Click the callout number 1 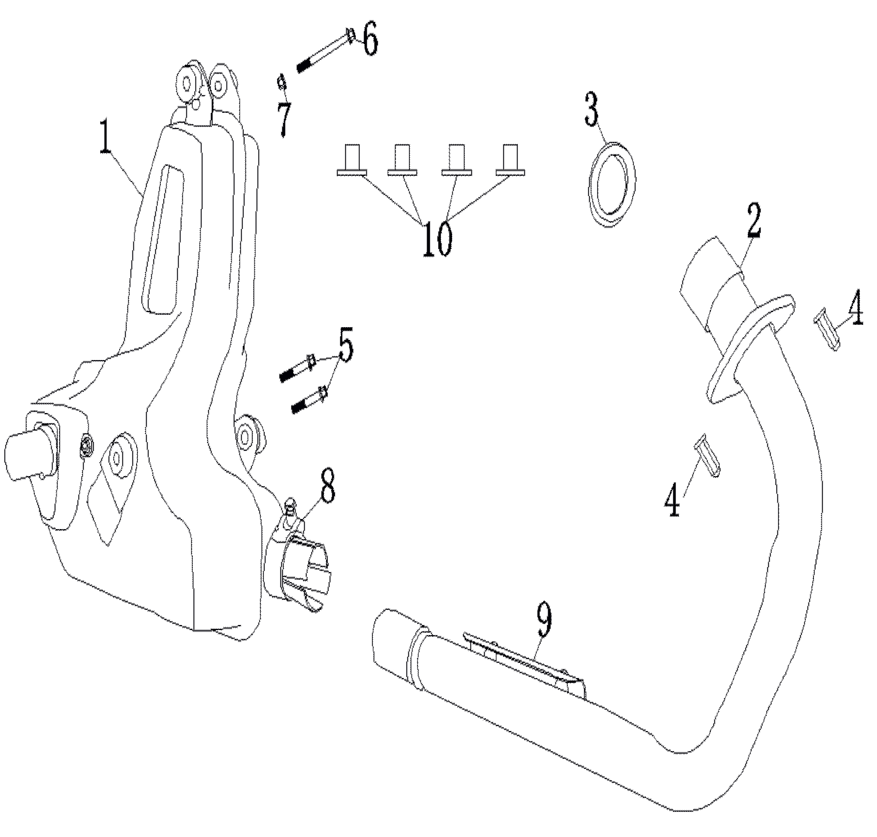[106, 136]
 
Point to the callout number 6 [370, 40]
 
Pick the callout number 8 [327, 489]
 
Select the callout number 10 [437, 238]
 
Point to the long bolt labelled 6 [325, 51]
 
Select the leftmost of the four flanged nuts [352, 160]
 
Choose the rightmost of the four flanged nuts [510, 160]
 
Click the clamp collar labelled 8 [299, 567]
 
